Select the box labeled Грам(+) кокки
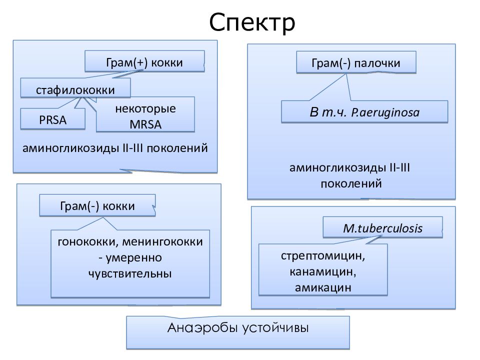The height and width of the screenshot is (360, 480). click(x=144, y=61)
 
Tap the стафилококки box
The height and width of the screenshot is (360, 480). click(x=75, y=88)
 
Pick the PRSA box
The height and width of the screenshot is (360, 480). click(x=52, y=119)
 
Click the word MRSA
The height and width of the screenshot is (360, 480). click(x=145, y=124)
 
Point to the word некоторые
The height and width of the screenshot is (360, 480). click(x=145, y=108)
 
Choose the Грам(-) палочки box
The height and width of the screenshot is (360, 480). click(x=356, y=62)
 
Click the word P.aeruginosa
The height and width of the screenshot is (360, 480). click(x=385, y=112)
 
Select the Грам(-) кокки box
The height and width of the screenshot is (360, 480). click(x=97, y=205)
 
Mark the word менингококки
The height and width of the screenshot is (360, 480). click(x=162, y=242)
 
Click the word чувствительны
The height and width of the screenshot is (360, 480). click(x=130, y=273)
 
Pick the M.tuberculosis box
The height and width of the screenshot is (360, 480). click(x=382, y=227)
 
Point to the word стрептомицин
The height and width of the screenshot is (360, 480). click(x=323, y=255)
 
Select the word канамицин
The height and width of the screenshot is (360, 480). click(x=323, y=271)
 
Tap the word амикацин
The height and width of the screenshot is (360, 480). click(x=323, y=287)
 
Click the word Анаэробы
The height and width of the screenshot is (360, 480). click(x=202, y=328)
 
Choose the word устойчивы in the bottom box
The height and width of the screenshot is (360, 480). click(x=275, y=328)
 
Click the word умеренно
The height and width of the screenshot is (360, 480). click(x=134, y=258)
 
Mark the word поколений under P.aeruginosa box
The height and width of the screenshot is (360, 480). click(x=351, y=183)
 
